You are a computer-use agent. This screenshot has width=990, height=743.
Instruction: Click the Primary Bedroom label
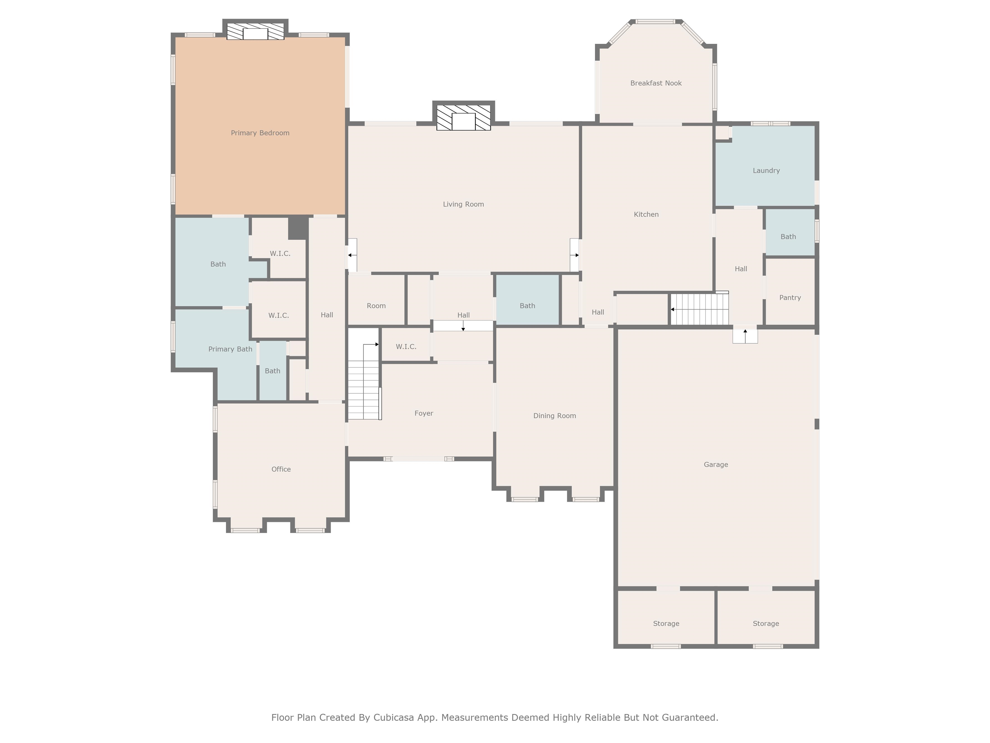[260, 133]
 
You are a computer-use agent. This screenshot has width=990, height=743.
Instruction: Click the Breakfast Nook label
[656, 83]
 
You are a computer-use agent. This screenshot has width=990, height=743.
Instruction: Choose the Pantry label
[790, 298]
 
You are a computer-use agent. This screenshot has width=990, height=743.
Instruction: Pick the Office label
[281, 469]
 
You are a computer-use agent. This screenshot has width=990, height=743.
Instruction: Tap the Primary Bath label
[230, 349]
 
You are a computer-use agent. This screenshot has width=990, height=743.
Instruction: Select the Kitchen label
[646, 214]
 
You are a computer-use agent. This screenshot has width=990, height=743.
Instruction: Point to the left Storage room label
[666, 624]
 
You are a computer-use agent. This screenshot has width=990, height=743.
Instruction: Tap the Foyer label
[423, 413]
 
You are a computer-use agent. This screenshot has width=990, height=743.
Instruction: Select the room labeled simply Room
[376, 306]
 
